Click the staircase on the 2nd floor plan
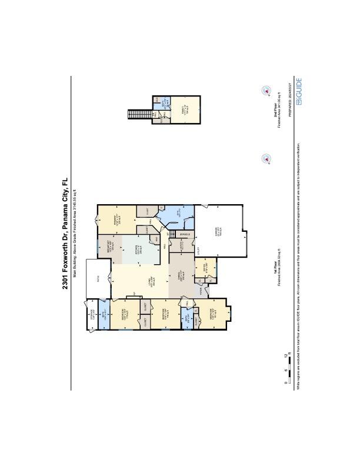tap(139, 113)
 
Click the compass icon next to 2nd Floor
tap(265, 91)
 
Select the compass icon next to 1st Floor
tap(265, 158)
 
